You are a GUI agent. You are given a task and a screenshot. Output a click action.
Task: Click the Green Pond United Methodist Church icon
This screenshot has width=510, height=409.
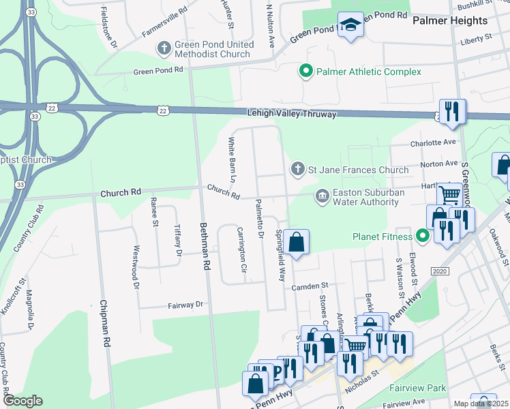tap(164, 48)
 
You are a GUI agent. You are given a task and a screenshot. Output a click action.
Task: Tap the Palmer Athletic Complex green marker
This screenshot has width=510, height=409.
tap(306, 71)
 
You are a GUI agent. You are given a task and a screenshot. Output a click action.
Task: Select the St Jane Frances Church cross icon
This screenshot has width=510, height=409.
tap(297, 169)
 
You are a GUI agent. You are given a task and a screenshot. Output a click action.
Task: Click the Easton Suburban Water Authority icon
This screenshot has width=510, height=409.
tap(321, 196)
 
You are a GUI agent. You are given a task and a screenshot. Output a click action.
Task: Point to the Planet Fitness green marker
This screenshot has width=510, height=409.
tap(423, 237)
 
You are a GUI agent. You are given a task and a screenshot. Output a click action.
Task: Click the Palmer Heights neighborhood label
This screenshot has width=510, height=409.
tap(450, 20)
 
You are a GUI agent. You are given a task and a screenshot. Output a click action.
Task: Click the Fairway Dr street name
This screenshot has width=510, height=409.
tap(186, 305)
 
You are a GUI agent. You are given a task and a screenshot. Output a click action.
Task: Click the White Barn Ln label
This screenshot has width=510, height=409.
tap(232, 160)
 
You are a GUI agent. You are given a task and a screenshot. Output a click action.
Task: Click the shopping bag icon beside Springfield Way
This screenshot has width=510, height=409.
tap(297, 243)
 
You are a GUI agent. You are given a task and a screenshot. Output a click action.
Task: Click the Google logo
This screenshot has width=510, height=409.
tap(22, 401)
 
